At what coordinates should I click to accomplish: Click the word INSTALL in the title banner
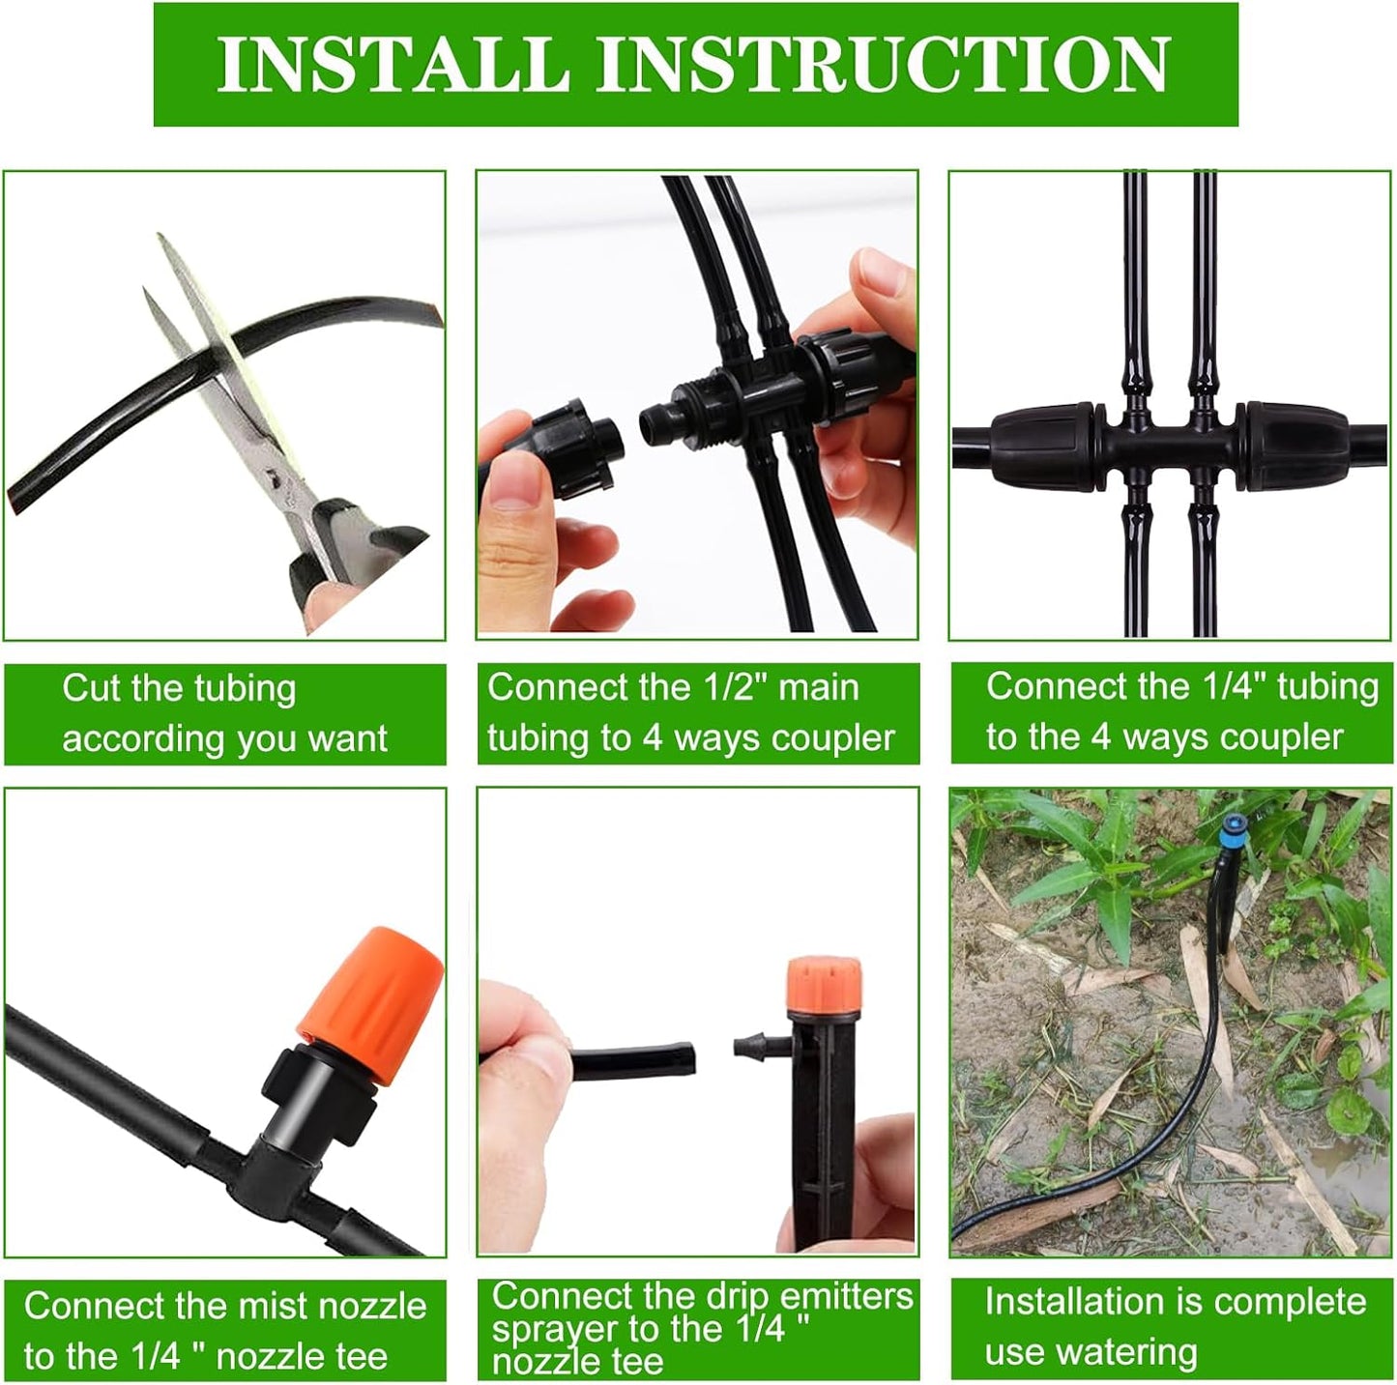(x=392, y=64)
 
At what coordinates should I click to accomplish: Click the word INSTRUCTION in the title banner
(x=882, y=64)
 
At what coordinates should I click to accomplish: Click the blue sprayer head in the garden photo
(x=1234, y=830)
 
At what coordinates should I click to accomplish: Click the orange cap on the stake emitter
(x=823, y=981)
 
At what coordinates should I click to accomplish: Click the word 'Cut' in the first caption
(x=93, y=688)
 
